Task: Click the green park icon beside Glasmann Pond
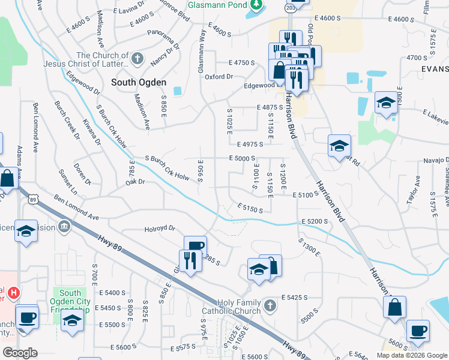[257, 5]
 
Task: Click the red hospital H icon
[14, 293]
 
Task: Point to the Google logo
[20, 353]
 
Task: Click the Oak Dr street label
[135, 181]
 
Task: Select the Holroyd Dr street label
[159, 229]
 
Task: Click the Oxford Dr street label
[218, 77]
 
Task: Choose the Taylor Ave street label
[413, 188]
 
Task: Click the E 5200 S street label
[315, 221]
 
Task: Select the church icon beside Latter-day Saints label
[137, 59]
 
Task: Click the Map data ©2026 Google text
[411, 355]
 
